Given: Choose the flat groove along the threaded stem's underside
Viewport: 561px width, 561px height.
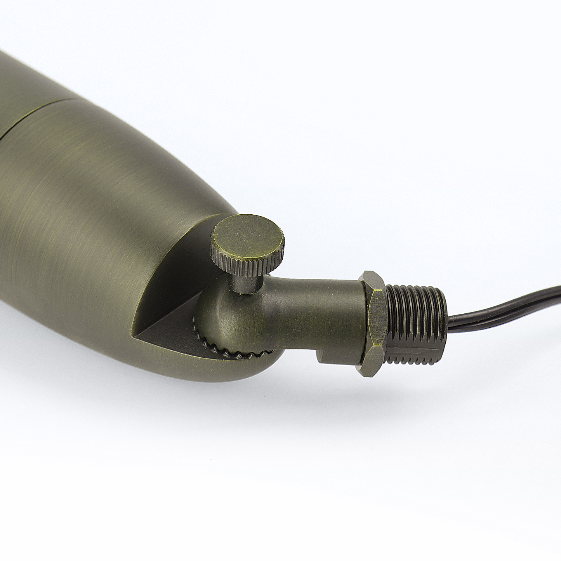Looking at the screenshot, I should tap(415, 357).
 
